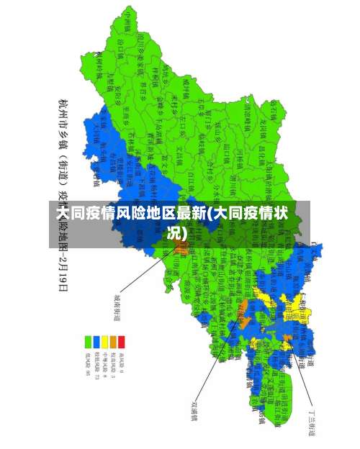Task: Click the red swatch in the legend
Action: pos(122,342)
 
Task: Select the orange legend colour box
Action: pos(113,342)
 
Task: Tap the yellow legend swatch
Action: pos(104,342)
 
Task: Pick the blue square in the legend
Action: pos(96,342)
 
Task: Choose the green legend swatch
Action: pos(88,342)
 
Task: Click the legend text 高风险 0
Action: pos(122,363)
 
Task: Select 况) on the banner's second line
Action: pos(176,233)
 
